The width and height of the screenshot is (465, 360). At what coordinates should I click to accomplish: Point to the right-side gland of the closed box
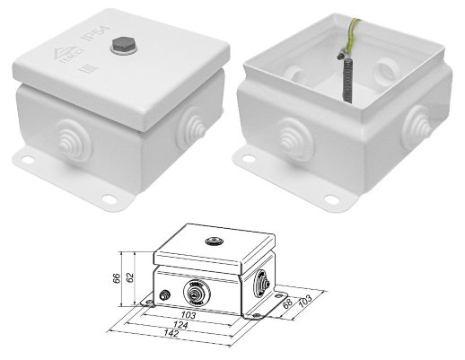192,125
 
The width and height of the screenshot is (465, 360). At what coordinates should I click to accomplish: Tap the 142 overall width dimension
171,335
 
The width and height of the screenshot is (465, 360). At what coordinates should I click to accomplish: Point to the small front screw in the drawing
165,295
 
